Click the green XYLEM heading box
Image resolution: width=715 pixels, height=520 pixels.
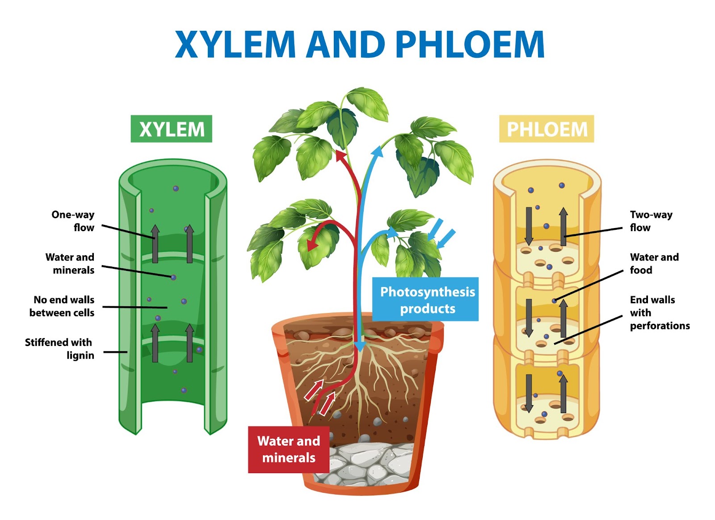171,129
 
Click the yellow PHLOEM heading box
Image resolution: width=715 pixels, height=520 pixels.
547,129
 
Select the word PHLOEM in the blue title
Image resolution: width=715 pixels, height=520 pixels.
470,45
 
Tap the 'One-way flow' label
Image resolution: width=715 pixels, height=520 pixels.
73,221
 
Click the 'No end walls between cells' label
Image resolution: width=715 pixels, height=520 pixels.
63,306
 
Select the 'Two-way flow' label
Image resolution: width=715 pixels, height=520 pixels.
651,221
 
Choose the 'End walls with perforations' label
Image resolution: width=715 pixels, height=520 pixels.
659,313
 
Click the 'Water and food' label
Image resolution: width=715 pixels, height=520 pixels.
654,263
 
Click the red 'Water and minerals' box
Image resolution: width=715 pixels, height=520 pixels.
289,449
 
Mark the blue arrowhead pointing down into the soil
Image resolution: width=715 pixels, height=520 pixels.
360,347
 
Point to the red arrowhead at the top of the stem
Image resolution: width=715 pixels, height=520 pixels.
341,156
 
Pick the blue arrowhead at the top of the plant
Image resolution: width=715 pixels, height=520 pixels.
378,152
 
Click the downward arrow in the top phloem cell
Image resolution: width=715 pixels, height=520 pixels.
529,226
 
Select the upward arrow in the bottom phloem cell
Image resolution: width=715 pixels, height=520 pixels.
563,393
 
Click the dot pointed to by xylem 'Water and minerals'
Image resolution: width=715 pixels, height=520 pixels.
173,278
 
